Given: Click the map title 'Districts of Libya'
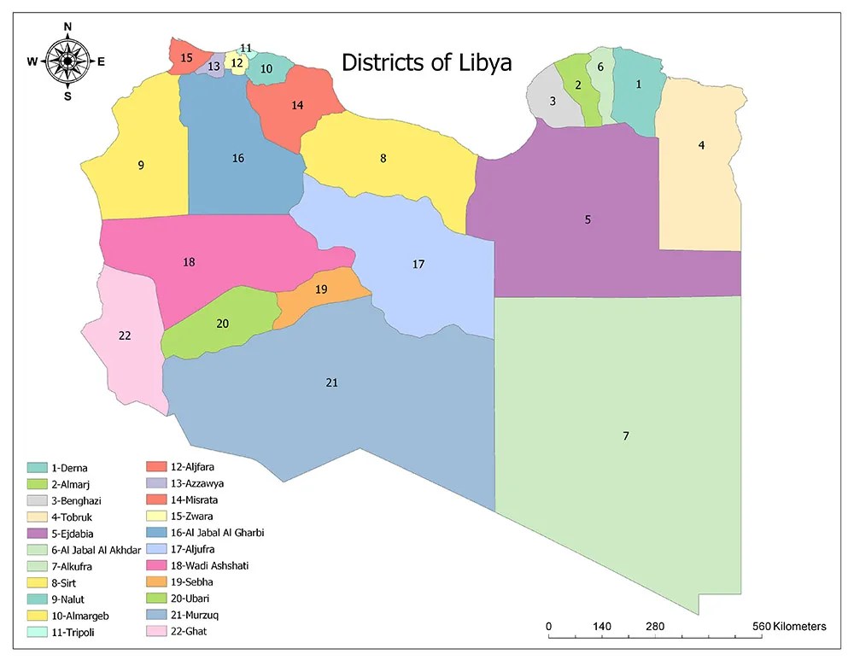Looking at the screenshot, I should pos(426,62).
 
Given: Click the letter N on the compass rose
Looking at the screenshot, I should pos(67,26).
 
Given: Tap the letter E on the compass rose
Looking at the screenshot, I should pos(101,61).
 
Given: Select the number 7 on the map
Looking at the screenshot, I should pos(626,436).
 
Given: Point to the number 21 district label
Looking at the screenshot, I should pos(332,383).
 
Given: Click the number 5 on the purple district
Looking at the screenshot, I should pos(588,219).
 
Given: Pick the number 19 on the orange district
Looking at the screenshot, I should pos(321,289).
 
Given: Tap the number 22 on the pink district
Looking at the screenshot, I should pos(125,336).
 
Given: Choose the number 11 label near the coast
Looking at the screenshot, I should pos(246,48).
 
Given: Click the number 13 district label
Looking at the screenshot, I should pos(214,66).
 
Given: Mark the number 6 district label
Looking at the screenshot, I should pos(600,67).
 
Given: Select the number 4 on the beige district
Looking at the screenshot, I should pos(701,145).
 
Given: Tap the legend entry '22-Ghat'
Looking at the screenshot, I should pos(188,631).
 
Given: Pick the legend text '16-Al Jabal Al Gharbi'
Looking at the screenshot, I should pos(217,533).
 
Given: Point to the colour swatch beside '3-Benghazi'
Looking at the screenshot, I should pos(37,500).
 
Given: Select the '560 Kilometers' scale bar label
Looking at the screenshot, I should pos(788,627).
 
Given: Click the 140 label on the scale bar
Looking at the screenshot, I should pos(602,627).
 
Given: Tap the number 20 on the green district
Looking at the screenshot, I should pos(222,324).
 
